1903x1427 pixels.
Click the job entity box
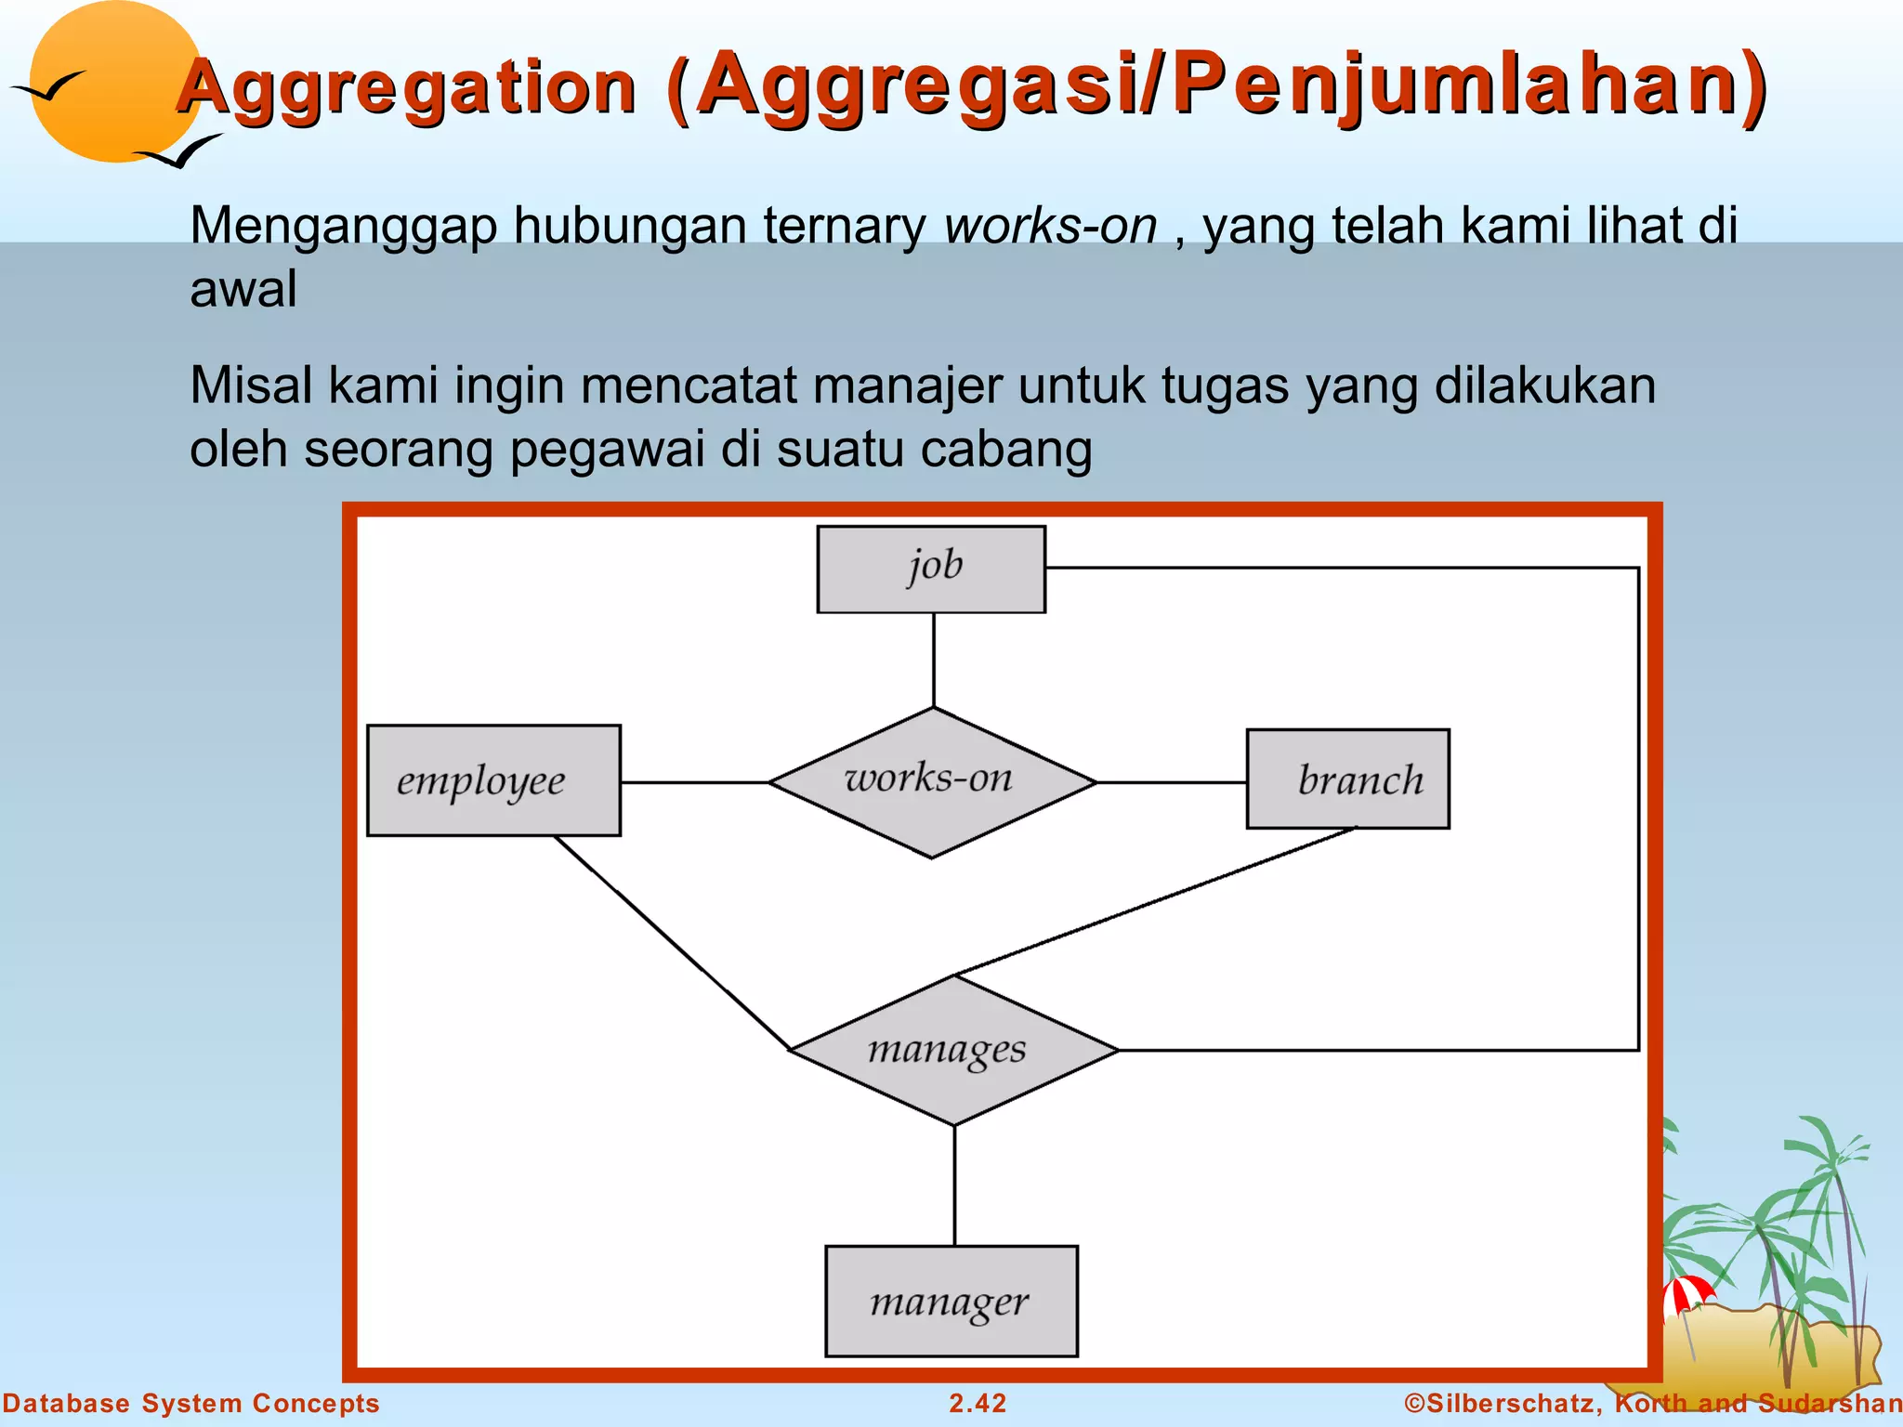tap(931, 569)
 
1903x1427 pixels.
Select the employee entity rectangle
tap(493, 780)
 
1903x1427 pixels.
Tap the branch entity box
tap(1347, 779)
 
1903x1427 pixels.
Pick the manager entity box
tap(951, 1301)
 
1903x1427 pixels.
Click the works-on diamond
tap(932, 782)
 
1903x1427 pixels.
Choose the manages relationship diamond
tap(953, 1050)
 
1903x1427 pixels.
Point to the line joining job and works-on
tap(934, 660)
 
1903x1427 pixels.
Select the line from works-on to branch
tap(1171, 782)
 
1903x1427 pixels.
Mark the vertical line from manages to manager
tap(954, 1185)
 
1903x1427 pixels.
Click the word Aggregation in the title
tap(407, 87)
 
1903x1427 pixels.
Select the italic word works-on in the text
tap(1050, 226)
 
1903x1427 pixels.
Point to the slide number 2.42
tap(977, 1403)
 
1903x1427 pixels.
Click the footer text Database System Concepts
tap(190, 1403)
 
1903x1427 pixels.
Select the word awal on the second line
tap(243, 289)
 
